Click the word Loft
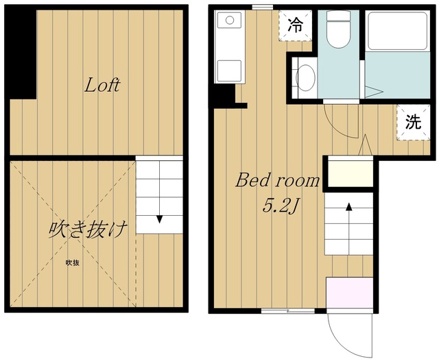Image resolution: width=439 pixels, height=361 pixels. pyautogui.click(x=102, y=85)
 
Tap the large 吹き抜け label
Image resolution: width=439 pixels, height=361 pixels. pyautogui.click(x=88, y=230)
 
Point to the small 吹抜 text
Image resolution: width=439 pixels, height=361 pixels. pyautogui.click(x=73, y=263)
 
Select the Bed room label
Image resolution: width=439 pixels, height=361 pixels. pyautogui.click(x=277, y=181)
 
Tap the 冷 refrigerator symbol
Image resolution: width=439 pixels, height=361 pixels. pyautogui.click(x=296, y=26)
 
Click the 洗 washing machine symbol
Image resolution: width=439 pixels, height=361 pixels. pyautogui.click(x=413, y=122)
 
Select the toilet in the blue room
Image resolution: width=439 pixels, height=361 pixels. pyautogui.click(x=338, y=30)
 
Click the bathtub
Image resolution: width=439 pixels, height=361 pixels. pyautogui.click(x=397, y=31)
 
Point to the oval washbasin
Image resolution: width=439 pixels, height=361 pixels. pyautogui.click(x=305, y=77)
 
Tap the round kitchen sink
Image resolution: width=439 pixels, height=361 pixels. pyautogui.click(x=230, y=20)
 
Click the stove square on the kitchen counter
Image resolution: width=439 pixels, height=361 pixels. pyautogui.click(x=229, y=71)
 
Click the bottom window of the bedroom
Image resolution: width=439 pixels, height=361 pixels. pyautogui.click(x=288, y=310)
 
